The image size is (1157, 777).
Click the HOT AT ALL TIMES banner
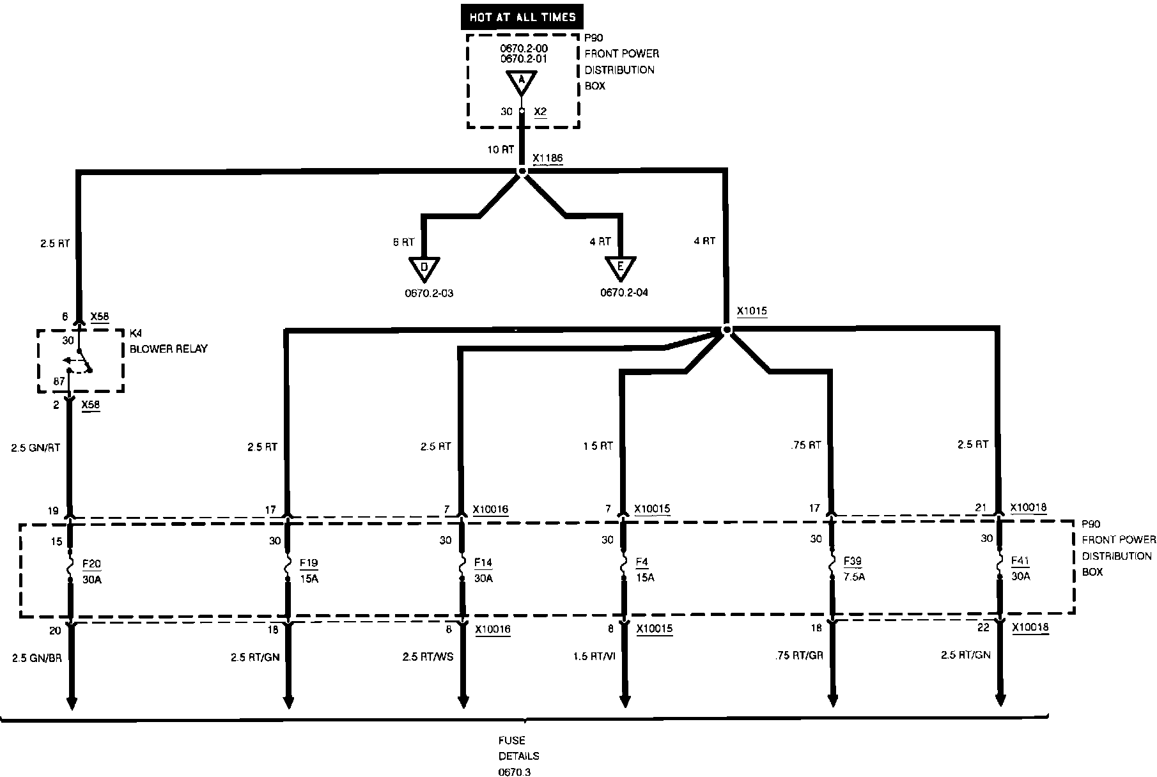pyautogui.click(x=522, y=18)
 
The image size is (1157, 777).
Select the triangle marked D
pyautogui.click(x=424, y=268)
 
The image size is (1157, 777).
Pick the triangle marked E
pyautogui.click(x=620, y=267)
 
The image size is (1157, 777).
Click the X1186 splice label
pyautogui.click(x=548, y=158)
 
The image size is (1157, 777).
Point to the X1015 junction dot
pyautogui.click(x=726, y=330)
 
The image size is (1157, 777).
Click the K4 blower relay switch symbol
pyautogui.click(x=81, y=361)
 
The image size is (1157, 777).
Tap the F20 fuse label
pyautogui.click(x=92, y=564)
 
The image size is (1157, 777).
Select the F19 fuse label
pyautogui.click(x=309, y=564)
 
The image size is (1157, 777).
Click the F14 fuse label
pyautogui.click(x=483, y=563)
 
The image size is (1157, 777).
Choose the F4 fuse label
pyautogui.click(x=642, y=562)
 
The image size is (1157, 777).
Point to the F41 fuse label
pyautogui.click(x=1020, y=561)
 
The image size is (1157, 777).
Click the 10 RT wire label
pyautogui.click(x=501, y=150)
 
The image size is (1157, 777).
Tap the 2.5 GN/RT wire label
pyautogui.click(x=36, y=447)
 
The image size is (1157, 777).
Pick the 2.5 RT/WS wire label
pyautogui.click(x=428, y=656)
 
